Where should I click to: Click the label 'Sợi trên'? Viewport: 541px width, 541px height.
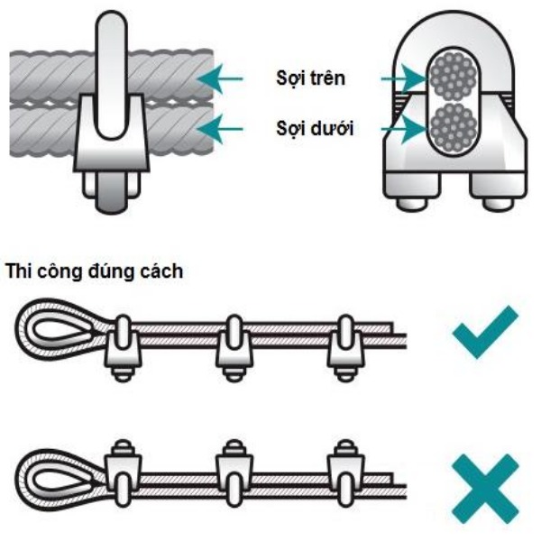click(309, 80)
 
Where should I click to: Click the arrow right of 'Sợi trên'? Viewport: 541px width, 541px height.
click(401, 80)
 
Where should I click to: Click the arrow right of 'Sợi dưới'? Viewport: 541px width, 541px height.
click(401, 129)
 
